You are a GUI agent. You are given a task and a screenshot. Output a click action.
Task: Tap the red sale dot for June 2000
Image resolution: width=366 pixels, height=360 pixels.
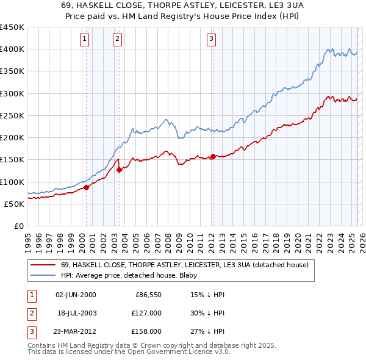[x=87, y=188]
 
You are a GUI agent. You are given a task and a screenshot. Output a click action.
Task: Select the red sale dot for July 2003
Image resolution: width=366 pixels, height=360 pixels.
[x=120, y=170]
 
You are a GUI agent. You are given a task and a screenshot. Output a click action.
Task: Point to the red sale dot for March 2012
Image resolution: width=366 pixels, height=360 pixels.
[x=213, y=156]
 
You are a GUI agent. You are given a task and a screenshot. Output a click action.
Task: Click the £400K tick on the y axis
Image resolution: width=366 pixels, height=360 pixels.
[x=12, y=49]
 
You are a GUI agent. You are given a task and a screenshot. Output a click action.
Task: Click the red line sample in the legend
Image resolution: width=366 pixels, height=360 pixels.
[x=43, y=265]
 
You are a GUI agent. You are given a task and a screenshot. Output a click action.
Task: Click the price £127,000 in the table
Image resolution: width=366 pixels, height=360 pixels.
[x=147, y=313]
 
